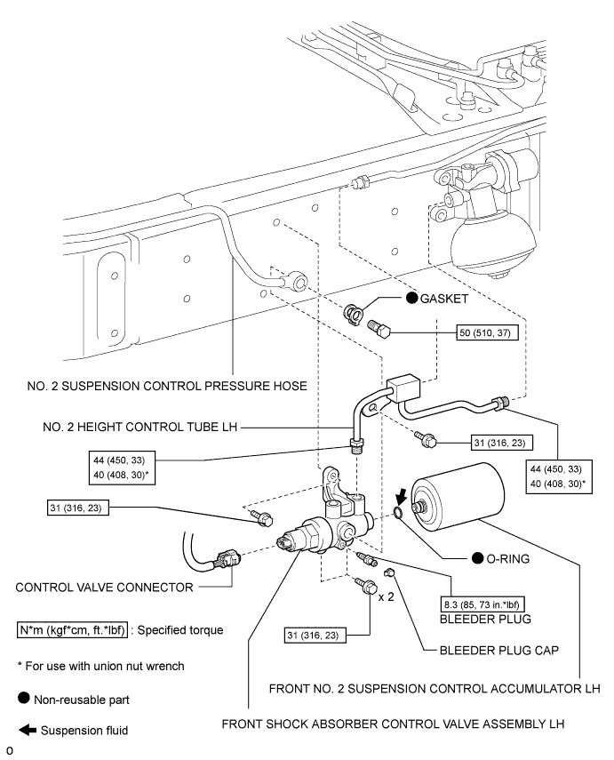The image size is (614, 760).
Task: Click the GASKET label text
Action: coord(443,299)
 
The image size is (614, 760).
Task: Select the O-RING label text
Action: coord(507,559)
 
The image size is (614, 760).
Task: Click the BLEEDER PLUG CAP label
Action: coord(498,650)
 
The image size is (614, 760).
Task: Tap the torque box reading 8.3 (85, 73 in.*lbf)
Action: coord(482,604)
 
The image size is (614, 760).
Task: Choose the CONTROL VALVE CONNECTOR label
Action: coord(104,588)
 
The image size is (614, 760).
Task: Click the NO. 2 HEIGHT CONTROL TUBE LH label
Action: coord(140,427)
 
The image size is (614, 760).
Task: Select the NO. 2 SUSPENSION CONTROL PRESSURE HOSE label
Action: coord(167,386)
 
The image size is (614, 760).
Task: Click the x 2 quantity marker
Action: coord(387,596)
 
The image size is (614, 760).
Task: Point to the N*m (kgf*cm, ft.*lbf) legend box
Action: coord(72,630)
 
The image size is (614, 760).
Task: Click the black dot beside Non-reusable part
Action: coord(24,698)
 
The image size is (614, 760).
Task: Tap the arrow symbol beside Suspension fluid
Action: coord(28,730)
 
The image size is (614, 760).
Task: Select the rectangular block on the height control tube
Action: coord(403,387)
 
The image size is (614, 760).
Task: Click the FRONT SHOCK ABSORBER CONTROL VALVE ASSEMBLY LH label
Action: coord(393,724)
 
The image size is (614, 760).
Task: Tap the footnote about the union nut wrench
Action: coord(100,666)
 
